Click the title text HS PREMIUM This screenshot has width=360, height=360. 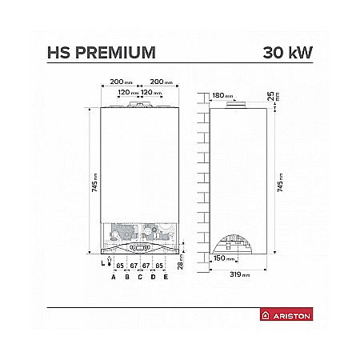(x=101, y=54)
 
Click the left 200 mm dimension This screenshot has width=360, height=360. (x=120, y=82)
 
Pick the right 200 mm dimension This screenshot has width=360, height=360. (x=162, y=82)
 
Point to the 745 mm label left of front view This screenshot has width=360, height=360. (x=94, y=186)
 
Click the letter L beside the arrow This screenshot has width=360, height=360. (x=102, y=262)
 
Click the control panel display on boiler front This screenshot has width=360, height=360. (x=141, y=249)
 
